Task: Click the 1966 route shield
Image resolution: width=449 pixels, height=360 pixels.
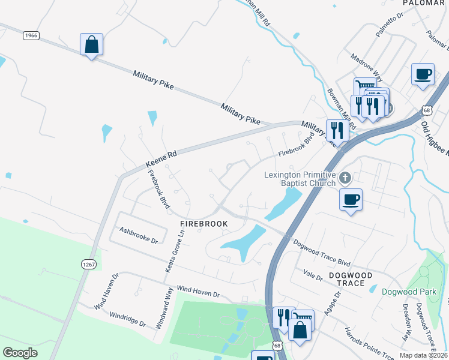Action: click(x=31, y=36)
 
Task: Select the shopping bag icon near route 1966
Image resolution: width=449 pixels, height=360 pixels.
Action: click(x=91, y=44)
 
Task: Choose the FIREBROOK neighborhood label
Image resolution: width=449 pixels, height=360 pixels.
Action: click(x=204, y=223)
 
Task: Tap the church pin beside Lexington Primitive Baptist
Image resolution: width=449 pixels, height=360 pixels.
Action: click(x=345, y=178)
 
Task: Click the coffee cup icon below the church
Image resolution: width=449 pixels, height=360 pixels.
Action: click(x=351, y=199)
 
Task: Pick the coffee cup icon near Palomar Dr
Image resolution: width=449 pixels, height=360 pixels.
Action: click(x=423, y=74)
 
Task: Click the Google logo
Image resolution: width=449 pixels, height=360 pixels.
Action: click(x=20, y=353)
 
